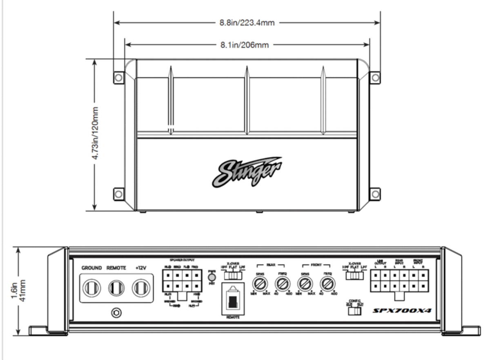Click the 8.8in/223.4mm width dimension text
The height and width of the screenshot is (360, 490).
coord(245,23)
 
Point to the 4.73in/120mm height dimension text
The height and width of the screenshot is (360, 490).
coord(97,135)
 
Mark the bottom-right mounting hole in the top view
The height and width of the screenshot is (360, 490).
coord(375,193)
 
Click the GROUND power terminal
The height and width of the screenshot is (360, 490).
coord(91,288)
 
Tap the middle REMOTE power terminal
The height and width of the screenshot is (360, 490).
coord(116,288)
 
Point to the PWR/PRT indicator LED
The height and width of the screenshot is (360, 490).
coord(212,278)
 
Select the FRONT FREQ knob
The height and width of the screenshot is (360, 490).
coord(327,282)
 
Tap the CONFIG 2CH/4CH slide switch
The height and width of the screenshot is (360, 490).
coord(354,311)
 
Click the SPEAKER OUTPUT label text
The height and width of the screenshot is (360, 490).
coord(182,260)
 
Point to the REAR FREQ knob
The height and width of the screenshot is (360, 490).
coord(282,282)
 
